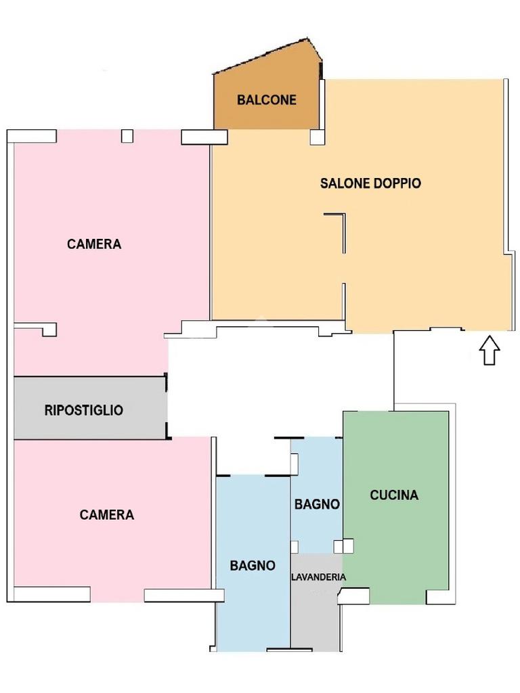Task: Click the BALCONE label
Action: click(x=267, y=100)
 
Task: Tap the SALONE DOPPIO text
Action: click(x=370, y=183)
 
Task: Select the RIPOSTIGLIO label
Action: click(x=83, y=410)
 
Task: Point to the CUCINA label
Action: click(x=394, y=495)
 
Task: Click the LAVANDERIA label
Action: click(x=318, y=577)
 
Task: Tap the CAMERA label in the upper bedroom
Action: click(x=94, y=244)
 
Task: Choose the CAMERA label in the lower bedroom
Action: click(x=106, y=514)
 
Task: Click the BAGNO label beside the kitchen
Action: click(x=317, y=504)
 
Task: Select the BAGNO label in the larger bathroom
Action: click(x=253, y=565)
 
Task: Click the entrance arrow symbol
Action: click(x=490, y=350)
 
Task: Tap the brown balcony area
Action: click(x=267, y=91)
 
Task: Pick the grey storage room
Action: click(x=91, y=408)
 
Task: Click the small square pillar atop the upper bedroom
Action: click(x=127, y=136)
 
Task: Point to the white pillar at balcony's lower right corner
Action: click(x=317, y=137)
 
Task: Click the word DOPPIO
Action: click(x=397, y=183)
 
